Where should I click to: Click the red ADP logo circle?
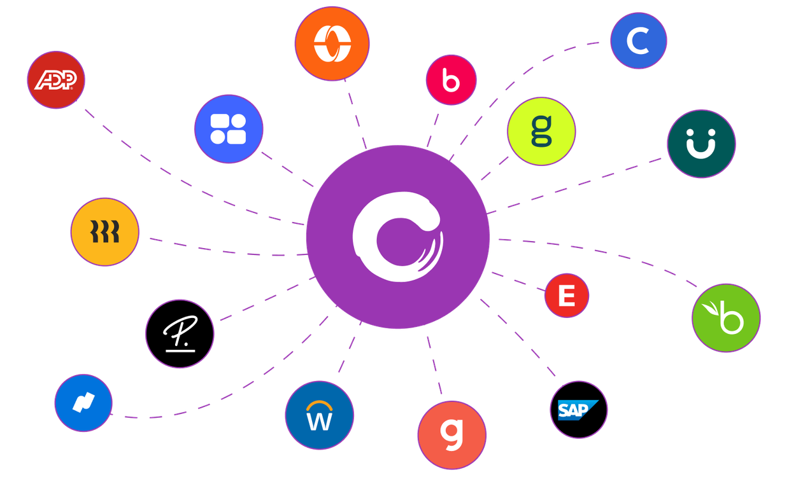tap(56, 79)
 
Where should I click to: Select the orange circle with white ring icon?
tap(332, 43)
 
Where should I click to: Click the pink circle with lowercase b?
tap(451, 80)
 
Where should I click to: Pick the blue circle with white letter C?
tap(638, 41)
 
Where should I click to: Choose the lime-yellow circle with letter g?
tap(541, 132)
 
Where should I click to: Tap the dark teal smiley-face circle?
tap(701, 144)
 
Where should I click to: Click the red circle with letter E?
tap(566, 295)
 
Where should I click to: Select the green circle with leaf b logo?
tap(726, 318)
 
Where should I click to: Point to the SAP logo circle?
tap(578, 410)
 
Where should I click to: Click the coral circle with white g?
tap(452, 434)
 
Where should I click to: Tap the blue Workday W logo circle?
tap(319, 415)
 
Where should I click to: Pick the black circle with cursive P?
tap(180, 334)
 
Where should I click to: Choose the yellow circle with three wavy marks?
tap(104, 232)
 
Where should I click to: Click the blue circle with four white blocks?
tap(228, 128)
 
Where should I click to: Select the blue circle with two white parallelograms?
tap(83, 403)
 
